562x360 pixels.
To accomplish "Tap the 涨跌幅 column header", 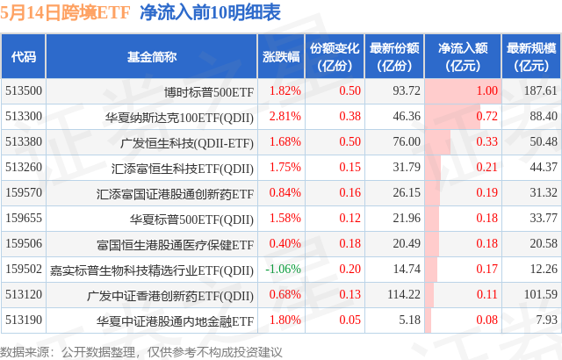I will point(281,56).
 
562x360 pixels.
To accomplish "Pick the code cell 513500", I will point(23,90).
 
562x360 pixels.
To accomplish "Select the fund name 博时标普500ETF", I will point(209,90).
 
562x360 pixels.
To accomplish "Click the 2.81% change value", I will point(285,116).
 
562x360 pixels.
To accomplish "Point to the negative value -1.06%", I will point(283,269).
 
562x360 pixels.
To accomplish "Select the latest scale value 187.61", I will point(538,90).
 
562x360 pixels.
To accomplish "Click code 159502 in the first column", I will point(23,269).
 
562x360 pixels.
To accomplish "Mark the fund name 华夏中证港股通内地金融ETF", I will point(176,320).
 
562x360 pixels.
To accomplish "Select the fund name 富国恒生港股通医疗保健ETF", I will point(176,243).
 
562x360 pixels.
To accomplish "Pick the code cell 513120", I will point(23,294).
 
